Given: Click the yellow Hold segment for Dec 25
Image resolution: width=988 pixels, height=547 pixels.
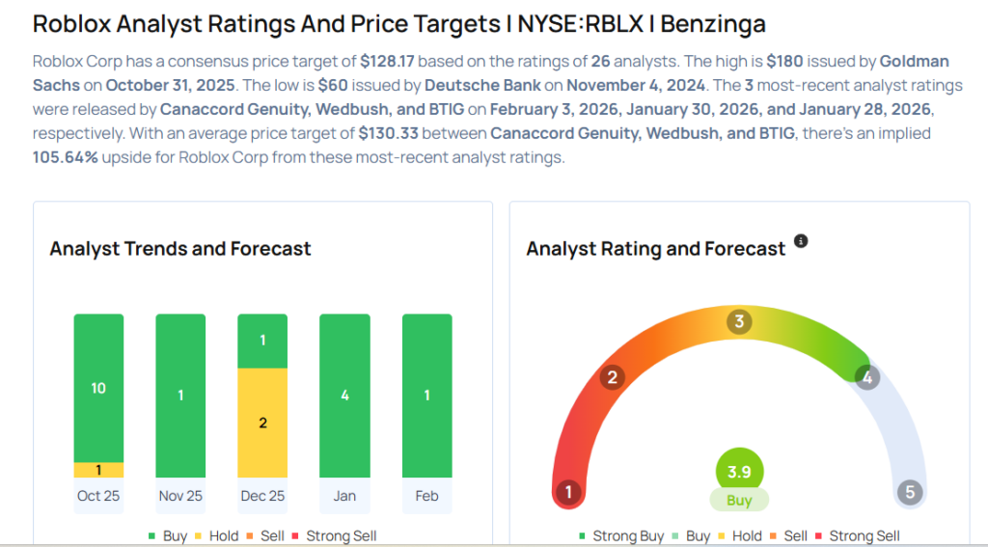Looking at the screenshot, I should [262, 423].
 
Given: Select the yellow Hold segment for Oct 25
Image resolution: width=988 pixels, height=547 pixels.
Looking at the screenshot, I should [98, 470].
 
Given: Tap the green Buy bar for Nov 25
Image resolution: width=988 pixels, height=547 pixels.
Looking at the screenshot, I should [180, 396].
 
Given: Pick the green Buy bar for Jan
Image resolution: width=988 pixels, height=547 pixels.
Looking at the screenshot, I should [344, 396].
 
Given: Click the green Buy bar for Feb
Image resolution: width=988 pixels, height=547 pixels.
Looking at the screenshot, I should [426, 396].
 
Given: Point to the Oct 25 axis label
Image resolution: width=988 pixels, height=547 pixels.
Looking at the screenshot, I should [98, 496].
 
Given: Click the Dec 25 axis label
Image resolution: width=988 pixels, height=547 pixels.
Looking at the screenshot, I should [262, 496].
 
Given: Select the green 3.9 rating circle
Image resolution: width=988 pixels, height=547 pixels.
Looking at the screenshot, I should [739, 472].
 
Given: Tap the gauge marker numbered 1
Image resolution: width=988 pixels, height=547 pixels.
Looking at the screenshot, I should [569, 493].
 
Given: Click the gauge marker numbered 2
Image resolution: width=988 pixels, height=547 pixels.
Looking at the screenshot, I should [612, 377].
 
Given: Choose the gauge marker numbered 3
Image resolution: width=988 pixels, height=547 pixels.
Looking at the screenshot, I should [739, 321].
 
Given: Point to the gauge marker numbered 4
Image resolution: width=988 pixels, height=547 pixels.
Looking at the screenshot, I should [867, 377].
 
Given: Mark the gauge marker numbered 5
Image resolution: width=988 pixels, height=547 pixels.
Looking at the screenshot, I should [909, 493].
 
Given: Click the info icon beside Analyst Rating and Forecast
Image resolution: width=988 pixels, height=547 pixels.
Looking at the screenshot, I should [801, 241].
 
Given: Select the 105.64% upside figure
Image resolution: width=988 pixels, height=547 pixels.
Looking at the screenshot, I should [65, 157].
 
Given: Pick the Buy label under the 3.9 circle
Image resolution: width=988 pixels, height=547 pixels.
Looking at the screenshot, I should [739, 501].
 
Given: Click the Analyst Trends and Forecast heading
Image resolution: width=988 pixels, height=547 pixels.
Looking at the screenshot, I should [180, 249].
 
